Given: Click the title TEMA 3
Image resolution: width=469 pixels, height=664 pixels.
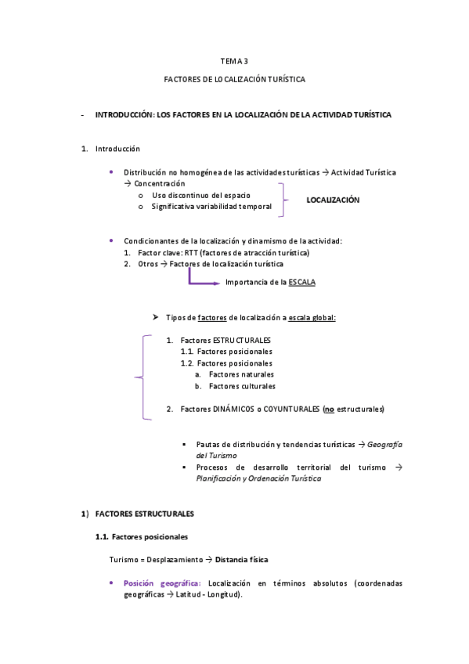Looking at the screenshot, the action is (234, 60).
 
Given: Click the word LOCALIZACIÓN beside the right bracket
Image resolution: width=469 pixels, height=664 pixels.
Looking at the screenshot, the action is (333, 200).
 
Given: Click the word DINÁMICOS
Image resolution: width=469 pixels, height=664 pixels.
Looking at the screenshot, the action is (235, 409).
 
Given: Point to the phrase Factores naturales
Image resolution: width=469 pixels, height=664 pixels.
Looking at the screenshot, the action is (241, 374).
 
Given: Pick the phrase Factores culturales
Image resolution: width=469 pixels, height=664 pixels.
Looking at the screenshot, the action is (242, 385).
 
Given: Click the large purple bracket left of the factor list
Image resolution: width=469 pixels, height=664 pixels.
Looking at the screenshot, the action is (142, 377).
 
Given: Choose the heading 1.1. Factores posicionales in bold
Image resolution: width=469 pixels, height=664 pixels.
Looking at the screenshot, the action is (141, 536).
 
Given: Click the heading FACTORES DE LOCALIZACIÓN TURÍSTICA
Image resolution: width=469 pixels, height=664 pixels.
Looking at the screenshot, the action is (234, 79).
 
